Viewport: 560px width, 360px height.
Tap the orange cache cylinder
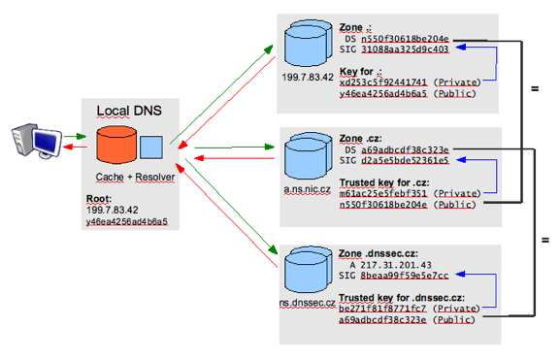[117, 147]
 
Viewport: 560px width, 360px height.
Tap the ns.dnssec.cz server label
[304, 304]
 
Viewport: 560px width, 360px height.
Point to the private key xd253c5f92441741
[383, 82]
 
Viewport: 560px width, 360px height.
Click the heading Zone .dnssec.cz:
[385, 251]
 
